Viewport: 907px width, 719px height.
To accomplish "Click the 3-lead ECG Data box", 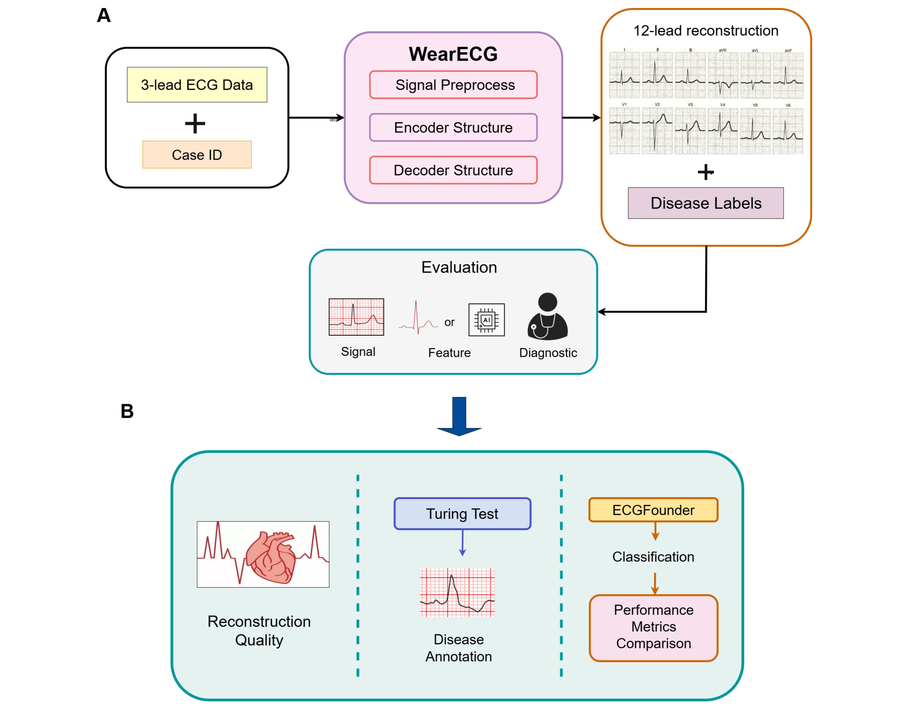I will [x=197, y=84].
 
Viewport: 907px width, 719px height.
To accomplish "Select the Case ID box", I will [x=197, y=155].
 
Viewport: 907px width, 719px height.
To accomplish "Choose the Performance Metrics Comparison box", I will [x=653, y=627].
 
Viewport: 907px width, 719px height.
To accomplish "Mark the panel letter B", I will [x=127, y=411].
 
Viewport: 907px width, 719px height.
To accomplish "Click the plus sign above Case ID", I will [x=195, y=124].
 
